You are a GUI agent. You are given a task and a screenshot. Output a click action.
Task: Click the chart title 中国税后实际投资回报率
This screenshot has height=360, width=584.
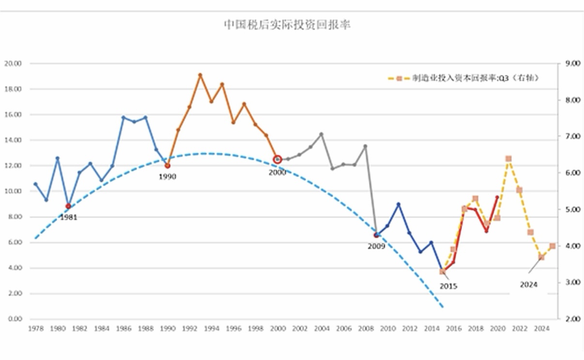(287, 25)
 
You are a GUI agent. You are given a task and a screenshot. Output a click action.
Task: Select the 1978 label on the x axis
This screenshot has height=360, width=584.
(35, 329)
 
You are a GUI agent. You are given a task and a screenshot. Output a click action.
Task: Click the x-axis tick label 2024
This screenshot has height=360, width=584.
(541, 329)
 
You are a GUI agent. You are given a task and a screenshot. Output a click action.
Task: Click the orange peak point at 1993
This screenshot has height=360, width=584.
(200, 75)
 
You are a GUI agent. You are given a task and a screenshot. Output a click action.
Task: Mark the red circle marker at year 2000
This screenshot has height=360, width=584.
(277, 159)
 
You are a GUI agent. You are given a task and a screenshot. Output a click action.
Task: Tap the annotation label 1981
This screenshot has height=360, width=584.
(68, 218)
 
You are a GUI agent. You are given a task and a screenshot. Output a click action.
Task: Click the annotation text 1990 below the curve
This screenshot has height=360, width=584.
(168, 177)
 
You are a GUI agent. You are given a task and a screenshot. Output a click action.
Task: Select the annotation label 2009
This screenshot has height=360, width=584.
(376, 246)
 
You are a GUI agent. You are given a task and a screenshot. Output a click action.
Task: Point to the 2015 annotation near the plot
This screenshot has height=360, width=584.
(448, 286)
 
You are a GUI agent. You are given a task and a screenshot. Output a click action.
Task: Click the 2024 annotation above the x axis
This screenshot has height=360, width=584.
(529, 285)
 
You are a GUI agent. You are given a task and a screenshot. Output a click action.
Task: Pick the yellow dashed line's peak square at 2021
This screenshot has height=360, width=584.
(508, 158)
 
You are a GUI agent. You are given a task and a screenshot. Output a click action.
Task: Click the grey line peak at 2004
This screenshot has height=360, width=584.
(321, 134)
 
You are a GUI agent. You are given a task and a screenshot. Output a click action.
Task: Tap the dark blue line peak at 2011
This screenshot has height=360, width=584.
(399, 204)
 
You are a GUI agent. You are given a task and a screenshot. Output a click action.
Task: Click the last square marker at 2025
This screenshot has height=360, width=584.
(553, 246)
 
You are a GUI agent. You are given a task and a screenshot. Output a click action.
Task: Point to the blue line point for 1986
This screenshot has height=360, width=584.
(123, 117)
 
